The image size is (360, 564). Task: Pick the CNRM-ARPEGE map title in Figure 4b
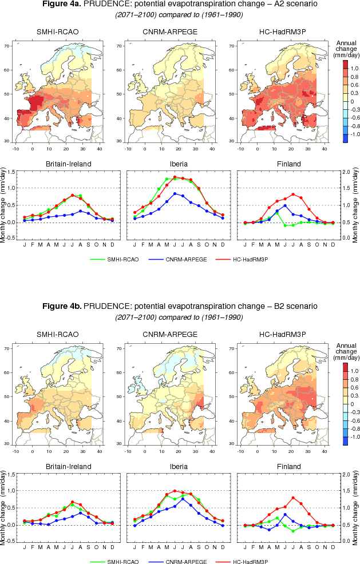[x=170, y=333]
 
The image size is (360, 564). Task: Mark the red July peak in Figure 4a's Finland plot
[x=293, y=194]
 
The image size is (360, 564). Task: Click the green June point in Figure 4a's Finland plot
[x=285, y=225]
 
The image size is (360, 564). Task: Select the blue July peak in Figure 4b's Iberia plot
[x=183, y=498]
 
